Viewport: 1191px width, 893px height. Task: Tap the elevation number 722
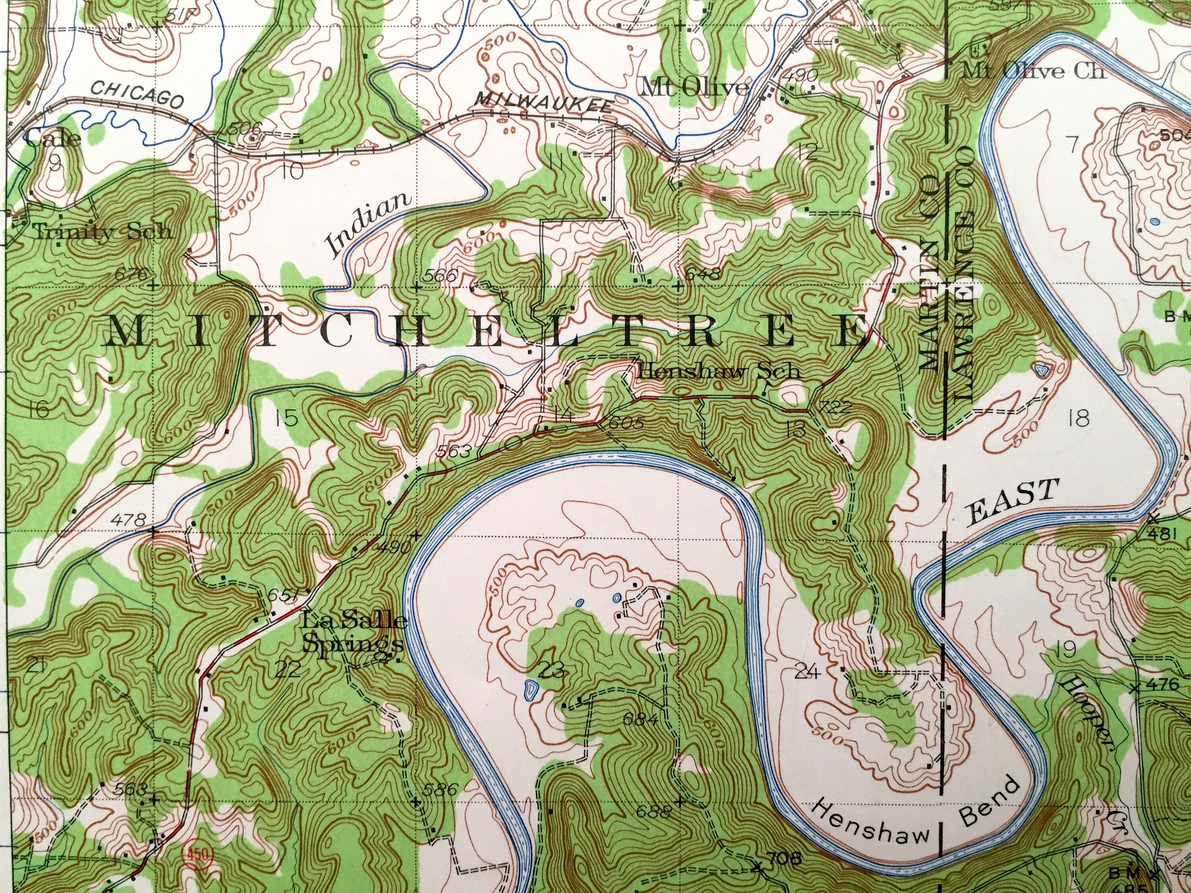click(x=834, y=408)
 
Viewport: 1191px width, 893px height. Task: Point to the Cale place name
click(x=52, y=139)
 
